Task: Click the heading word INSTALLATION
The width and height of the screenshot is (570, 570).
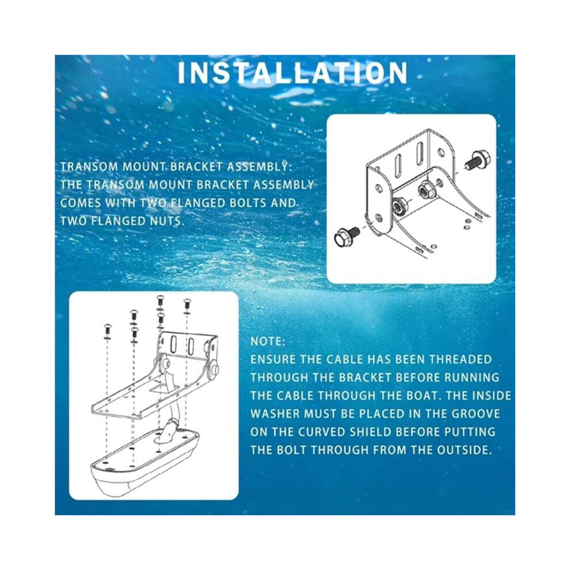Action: (x=292, y=73)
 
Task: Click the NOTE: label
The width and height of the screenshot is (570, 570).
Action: (x=268, y=341)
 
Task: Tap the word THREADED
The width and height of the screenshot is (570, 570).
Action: (x=460, y=359)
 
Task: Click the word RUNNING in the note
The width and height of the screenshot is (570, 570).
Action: (x=472, y=378)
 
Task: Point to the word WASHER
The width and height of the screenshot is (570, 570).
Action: (x=275, y=414)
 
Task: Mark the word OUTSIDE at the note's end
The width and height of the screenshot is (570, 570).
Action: (x=464, y=450)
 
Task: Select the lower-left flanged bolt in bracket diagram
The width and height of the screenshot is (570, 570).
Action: (x=347, y=235)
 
